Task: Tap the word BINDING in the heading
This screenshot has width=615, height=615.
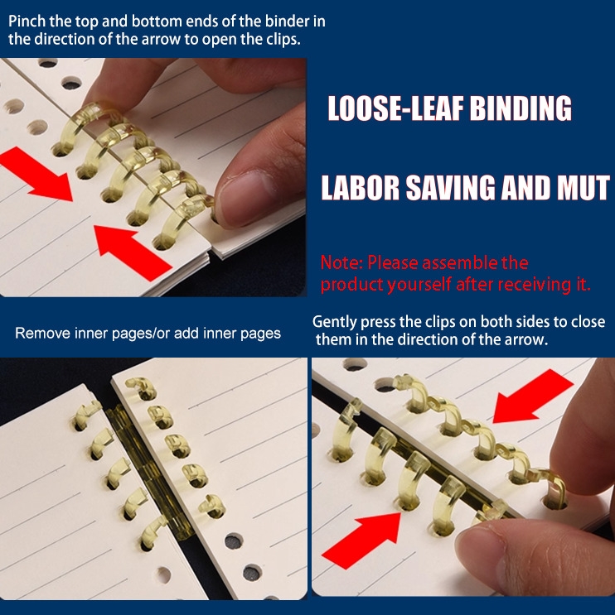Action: pos(521,108)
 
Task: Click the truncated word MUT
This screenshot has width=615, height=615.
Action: pos(583,188)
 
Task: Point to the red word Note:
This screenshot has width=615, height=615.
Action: pos(341,262)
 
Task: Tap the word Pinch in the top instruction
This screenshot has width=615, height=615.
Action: pos(27,22)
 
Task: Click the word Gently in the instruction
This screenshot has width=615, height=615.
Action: pos(335,323)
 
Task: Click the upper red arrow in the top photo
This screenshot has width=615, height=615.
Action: pos(36,175)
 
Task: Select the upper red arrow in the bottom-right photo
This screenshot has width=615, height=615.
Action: pos(532,396)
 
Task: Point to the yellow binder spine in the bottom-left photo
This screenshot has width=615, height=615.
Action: pos(151,473)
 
